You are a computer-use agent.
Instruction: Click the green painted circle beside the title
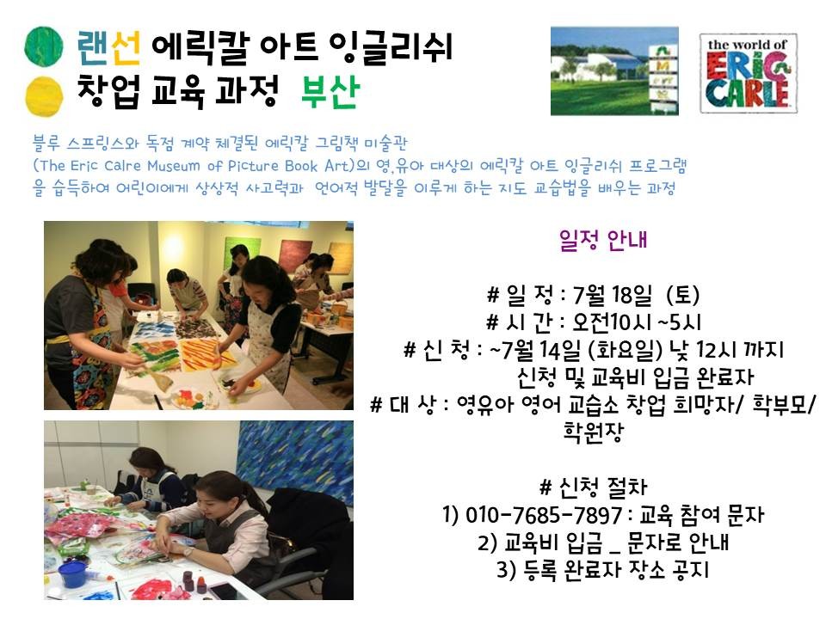(44, 46)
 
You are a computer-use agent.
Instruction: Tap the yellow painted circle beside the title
(44, 95)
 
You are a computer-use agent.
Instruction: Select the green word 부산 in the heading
(330, 92)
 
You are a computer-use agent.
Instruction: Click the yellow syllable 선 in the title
(123, 47)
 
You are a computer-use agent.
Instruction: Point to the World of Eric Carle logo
(749, 72)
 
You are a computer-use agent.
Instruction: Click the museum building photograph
(614, 71)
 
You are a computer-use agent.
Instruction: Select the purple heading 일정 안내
(603, 240)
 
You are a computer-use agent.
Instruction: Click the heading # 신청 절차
(594, 487)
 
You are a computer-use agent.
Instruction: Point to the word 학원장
(593, 432)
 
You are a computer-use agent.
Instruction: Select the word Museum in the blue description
(173, 166)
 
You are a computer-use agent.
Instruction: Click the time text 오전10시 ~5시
(637, 322)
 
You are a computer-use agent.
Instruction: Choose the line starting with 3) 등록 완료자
(602, 569)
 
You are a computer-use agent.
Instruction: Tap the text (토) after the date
(682, 295)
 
